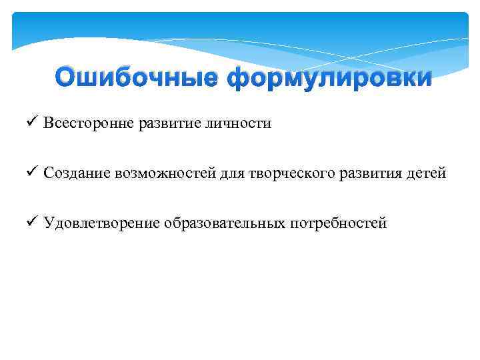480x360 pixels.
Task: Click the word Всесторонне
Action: click(88, 124)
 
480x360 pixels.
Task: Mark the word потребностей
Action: click(338, 223)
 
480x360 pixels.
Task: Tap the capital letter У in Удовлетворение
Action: click(49, 223)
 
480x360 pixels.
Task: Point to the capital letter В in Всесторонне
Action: click(49, 124)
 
